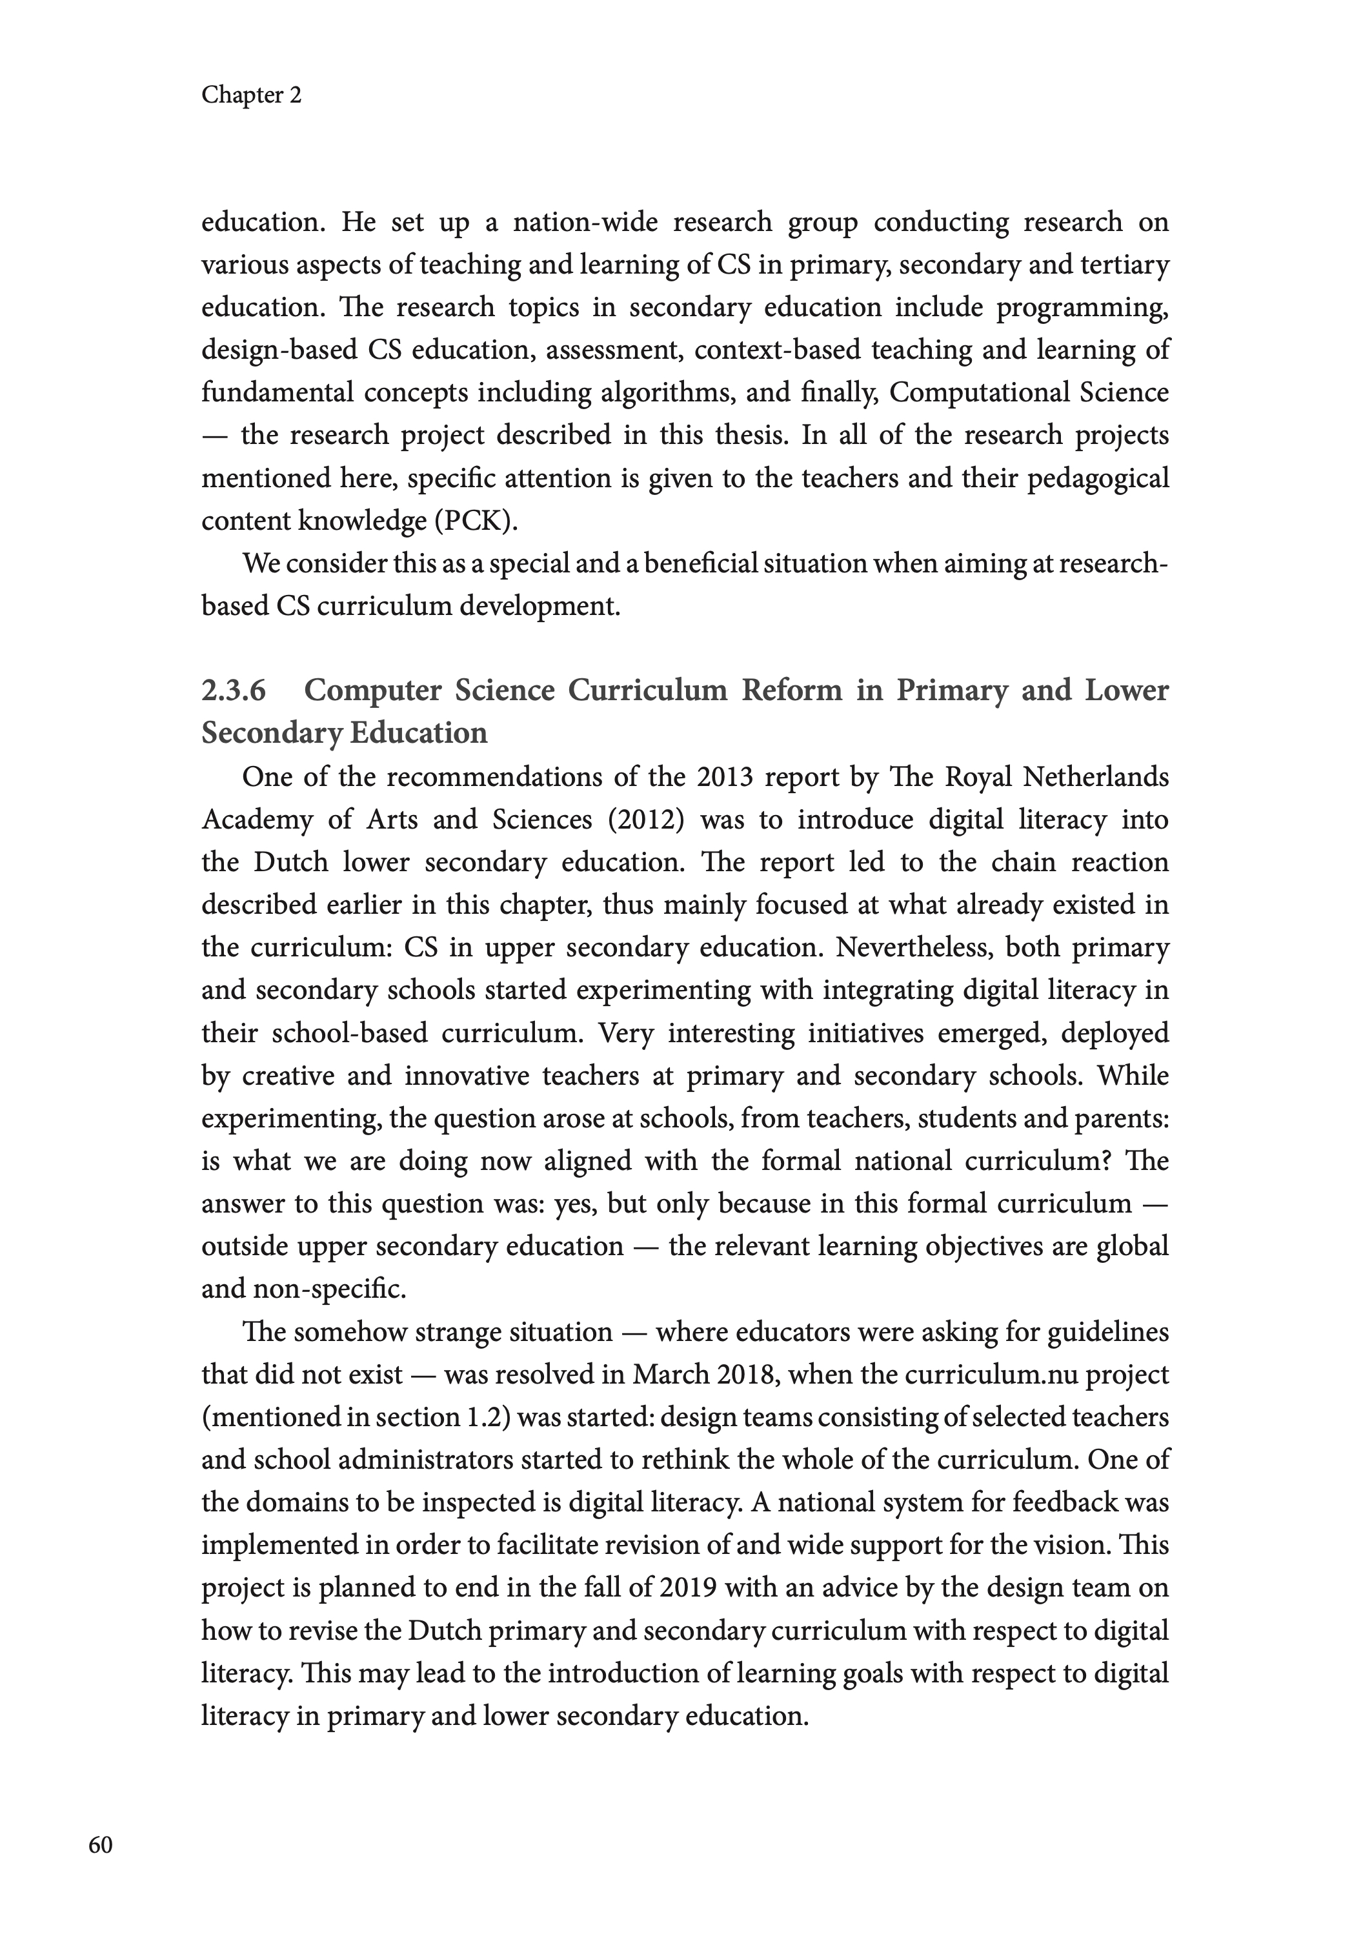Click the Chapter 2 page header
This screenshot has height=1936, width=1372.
click(251, 95)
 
